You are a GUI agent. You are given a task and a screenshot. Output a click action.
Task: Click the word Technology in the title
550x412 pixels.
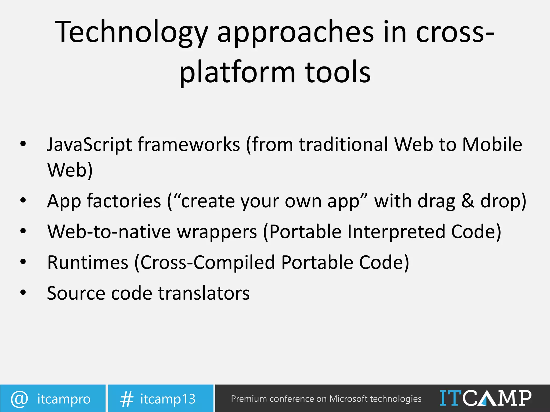pos(132,32)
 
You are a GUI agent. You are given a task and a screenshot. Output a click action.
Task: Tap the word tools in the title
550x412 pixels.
pos(338,72)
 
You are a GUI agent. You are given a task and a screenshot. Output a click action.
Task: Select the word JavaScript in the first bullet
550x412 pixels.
pos(89,145)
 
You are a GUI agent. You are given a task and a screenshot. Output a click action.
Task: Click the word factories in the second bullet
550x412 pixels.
pos(124,201)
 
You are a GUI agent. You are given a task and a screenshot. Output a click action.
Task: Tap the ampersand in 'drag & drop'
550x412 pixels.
pos(468,201)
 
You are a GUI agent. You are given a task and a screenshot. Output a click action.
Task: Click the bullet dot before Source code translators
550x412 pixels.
pos(23,292)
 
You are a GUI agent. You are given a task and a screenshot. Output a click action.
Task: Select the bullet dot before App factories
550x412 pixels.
pos(23,200)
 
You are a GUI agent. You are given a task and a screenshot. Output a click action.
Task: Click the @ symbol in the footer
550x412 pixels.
pos(19,399)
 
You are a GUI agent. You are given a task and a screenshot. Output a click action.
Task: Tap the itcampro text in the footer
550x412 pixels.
pos(64,399)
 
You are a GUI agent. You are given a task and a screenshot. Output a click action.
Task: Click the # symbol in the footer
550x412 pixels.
pos(126,399)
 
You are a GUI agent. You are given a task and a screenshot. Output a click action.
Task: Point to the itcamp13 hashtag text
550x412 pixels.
pos(168,399)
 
